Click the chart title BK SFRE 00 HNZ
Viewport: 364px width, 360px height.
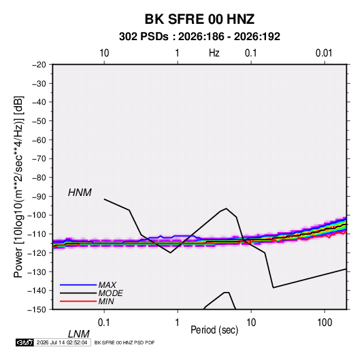click(199, 19)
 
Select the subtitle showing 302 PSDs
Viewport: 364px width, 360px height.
click(199, 37)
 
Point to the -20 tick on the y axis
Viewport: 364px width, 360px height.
click(39, 65)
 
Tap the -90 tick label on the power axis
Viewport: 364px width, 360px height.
click(39, 197)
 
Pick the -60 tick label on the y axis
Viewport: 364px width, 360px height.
click(39, 140)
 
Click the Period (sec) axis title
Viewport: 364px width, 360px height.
click(214, 330)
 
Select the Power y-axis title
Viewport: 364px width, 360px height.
click(18, 187)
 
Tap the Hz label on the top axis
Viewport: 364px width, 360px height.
click(214, 53)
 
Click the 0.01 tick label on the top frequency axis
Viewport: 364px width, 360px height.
click(324, 53)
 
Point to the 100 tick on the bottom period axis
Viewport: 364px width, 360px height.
click(325, 323)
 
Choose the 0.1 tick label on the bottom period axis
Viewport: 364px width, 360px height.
click(104, 323)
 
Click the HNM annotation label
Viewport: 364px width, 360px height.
click(80, 193)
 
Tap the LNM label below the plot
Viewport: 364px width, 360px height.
click(78, 334)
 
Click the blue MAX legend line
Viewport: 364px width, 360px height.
click(78, 285)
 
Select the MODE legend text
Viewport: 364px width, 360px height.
click(110, 293)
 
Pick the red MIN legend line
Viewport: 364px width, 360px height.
click(78, 301)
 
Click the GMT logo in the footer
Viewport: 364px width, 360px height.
click(24, 342)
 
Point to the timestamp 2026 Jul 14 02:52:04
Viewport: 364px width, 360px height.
click(62, 342)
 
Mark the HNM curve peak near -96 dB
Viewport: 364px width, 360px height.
click(226, 208)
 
